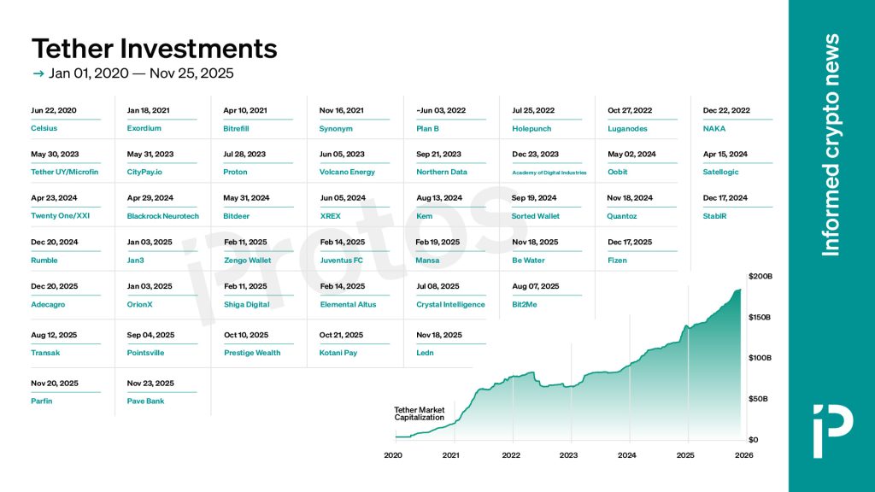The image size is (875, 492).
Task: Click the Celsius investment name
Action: [44, 129]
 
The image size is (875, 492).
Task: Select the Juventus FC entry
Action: [341, 260]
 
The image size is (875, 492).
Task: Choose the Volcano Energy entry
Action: [347, 172]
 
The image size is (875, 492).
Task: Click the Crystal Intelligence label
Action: [450, 304]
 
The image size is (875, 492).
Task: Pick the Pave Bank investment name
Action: [145, 401]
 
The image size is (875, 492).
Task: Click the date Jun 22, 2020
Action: [54, 110]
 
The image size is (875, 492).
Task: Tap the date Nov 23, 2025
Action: [150, 384]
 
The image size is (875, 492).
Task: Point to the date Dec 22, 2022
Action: [726, 110]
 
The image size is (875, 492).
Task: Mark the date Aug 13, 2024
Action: [438, 198]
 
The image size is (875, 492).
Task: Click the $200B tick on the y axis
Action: [760, 276]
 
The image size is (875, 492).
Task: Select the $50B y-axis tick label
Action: [759, 399]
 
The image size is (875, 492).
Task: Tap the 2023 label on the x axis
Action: [568, 455]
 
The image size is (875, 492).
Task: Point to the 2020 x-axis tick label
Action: [393, 455]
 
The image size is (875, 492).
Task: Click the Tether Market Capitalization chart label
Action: [419, 414]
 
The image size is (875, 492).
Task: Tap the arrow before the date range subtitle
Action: [38, 73]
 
